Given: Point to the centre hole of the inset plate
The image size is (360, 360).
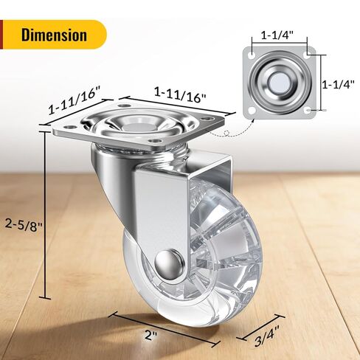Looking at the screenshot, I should pyautogui.click(x=283, y=83).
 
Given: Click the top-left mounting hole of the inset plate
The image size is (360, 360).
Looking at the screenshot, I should pyautogui.click(x=255, y=56).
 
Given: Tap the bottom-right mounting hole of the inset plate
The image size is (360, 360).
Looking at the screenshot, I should pyautogui.click(x=311, y=109).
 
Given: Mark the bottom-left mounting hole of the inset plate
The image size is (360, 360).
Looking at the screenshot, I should pyautogui.click(x=255, y=110).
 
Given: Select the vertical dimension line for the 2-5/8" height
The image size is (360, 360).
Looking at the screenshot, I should pyautogui.click(x=49, y=221).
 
